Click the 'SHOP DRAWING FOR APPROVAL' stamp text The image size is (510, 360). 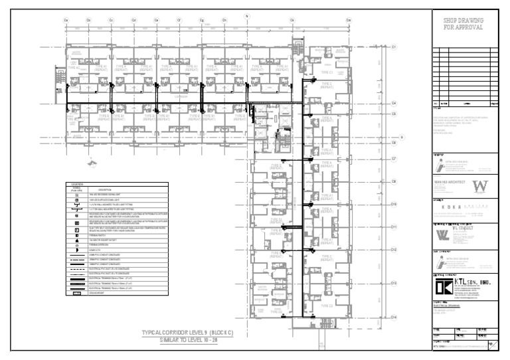click(464, 25)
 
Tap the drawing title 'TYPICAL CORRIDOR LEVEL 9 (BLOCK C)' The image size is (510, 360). click(189, 331)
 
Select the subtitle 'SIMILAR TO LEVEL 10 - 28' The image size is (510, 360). click(189, 339)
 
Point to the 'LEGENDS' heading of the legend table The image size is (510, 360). click(78, 183)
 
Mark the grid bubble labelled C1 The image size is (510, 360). click(393, 47)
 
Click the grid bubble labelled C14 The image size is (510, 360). click(393, 317)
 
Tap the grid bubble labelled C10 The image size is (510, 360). click(393, 204)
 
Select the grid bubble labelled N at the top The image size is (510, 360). click(246, 15)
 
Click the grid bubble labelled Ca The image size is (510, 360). click(66, 20)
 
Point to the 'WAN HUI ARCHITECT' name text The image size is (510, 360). click(446, 183)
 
